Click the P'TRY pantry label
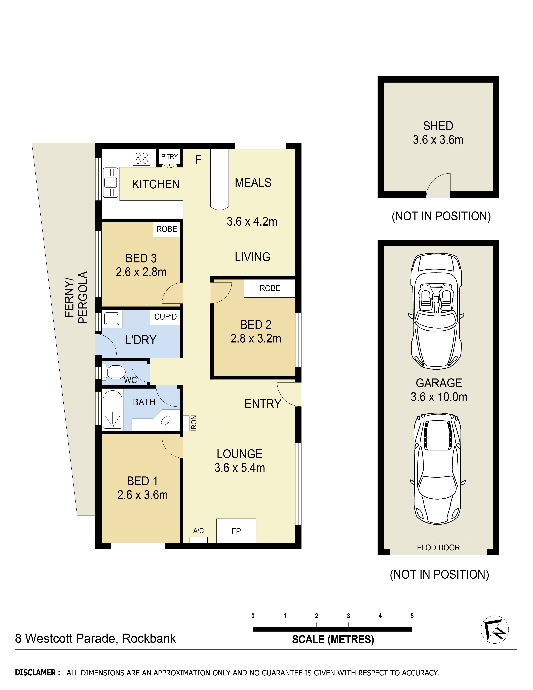170,157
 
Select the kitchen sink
110,183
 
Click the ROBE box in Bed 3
167,229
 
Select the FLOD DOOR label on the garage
438,547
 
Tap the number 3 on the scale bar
348,616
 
